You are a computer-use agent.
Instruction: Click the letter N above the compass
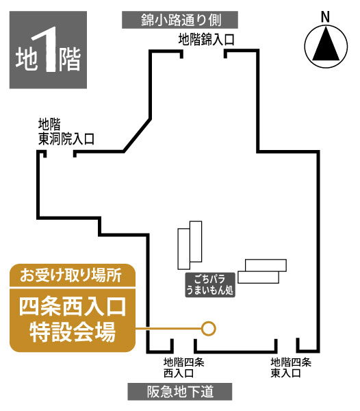(x=325, y=17)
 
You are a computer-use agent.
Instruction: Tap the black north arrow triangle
(x=326, y=45)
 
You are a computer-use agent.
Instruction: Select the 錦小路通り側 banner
(x=180, y=20)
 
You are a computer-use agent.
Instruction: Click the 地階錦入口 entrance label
(x=206, y=40)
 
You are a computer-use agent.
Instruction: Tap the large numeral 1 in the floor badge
(x=47, y=50)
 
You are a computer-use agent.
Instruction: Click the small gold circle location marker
(x=209, y=328)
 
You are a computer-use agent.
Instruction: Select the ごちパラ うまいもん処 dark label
(x=210, y=285)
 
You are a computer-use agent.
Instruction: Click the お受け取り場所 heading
(x=71, y=276)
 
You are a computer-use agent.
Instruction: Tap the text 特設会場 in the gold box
(x=73, y=332)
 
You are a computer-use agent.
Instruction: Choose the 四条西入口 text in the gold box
(x=73, y=307)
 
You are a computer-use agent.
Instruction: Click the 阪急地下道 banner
(x=180, y=392)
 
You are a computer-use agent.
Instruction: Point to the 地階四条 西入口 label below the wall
(x=184, y=368)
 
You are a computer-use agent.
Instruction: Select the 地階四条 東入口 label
(x=291, y=368)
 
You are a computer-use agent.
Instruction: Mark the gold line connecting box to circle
(x=168, y=328)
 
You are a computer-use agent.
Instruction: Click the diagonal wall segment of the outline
(x=137, y=136)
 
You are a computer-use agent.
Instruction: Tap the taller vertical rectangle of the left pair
(x=196, y=241)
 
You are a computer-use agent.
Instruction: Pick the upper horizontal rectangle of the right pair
(x=266, y=265)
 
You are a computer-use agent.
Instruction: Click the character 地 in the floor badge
(x=26, y=58)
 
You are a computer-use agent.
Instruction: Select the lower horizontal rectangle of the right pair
(x=259, y=277)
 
